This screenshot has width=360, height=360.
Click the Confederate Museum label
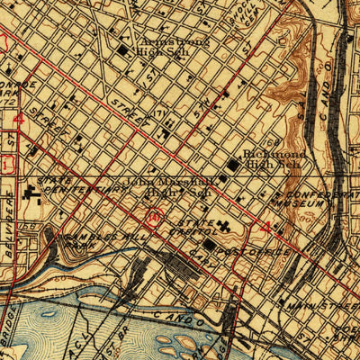click(320, 199)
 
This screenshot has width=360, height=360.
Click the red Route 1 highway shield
click(6, 165)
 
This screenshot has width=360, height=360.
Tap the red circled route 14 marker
click(156, 216)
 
